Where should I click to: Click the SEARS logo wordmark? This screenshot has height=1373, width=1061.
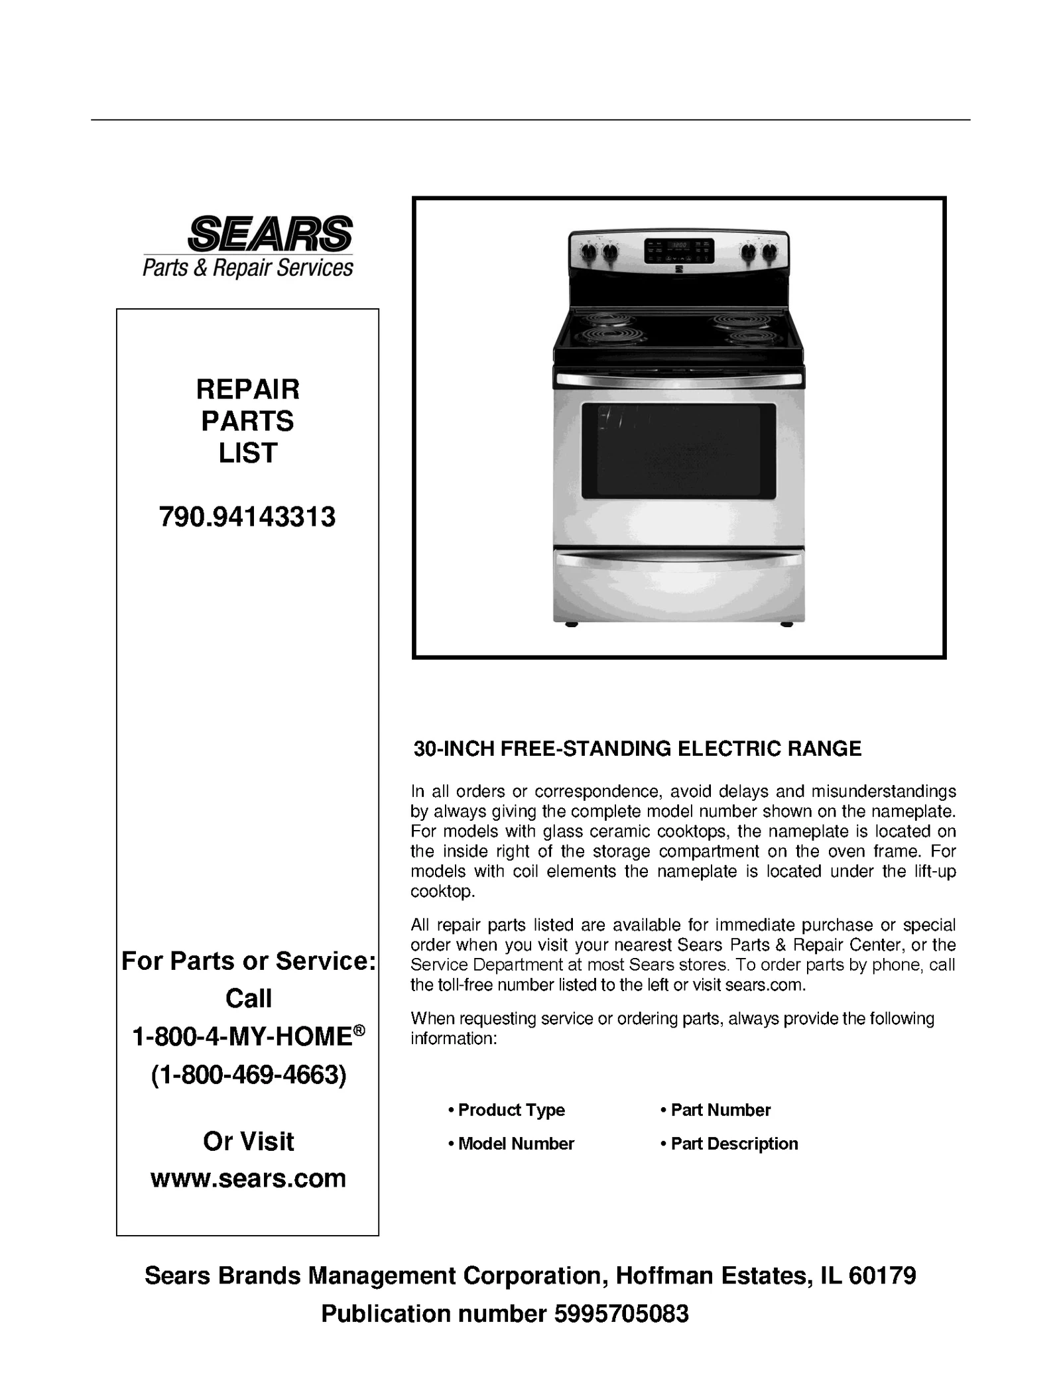coord(270,233)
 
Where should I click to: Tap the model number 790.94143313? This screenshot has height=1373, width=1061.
coord(247,516)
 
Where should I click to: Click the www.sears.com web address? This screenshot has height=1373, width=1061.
coord(248,1178)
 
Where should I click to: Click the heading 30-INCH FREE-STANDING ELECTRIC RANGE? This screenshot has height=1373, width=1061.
coord(637,748)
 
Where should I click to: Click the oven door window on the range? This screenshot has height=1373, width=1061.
coord(678,451)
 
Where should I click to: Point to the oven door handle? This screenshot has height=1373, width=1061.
coord(678,379)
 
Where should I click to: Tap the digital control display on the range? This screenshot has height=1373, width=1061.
coord(679,251)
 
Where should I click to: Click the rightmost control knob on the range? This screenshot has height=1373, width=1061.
coord(769,251)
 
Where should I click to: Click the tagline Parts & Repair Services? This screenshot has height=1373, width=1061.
coord(248,268)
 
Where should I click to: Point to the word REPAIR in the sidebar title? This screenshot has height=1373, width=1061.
coord(247,389)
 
